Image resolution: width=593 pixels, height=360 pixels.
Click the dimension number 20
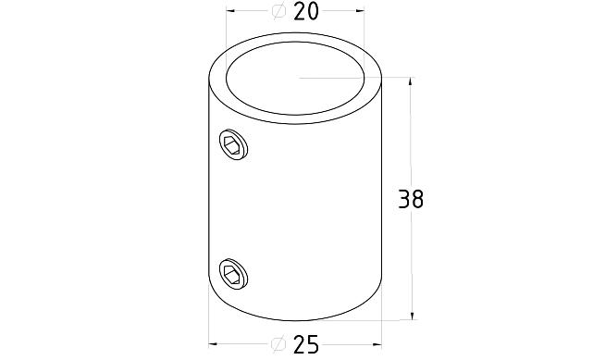(x=306, y=11)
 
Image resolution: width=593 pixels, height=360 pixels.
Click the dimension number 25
(x=306, y=344)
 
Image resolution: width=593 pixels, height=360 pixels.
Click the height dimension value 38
(x=411, y=199)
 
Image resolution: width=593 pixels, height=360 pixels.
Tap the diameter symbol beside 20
(x=279, y=11)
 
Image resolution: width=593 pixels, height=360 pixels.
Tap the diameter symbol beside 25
(x=278, y=344)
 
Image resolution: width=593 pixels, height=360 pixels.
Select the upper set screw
(x=233, y=144)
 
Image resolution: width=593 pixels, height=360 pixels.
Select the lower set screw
(x=233, y=274)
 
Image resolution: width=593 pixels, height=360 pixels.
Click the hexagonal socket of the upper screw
(x=232, y=145)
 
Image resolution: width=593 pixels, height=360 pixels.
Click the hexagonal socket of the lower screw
(x=232, y=275)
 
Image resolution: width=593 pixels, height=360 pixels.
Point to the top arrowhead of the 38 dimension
(x=410, y=81)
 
